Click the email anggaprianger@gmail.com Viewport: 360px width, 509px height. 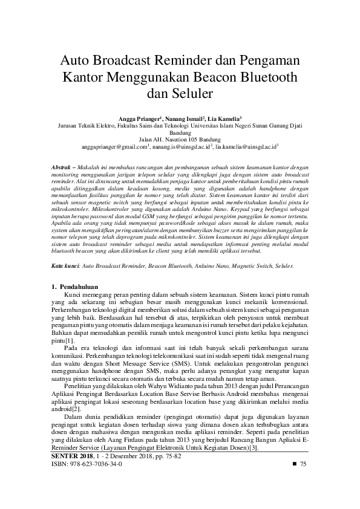pyautogui.click(x=114, y=146)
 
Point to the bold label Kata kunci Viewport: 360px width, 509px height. pyautogui.click(x=63, y=265)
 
